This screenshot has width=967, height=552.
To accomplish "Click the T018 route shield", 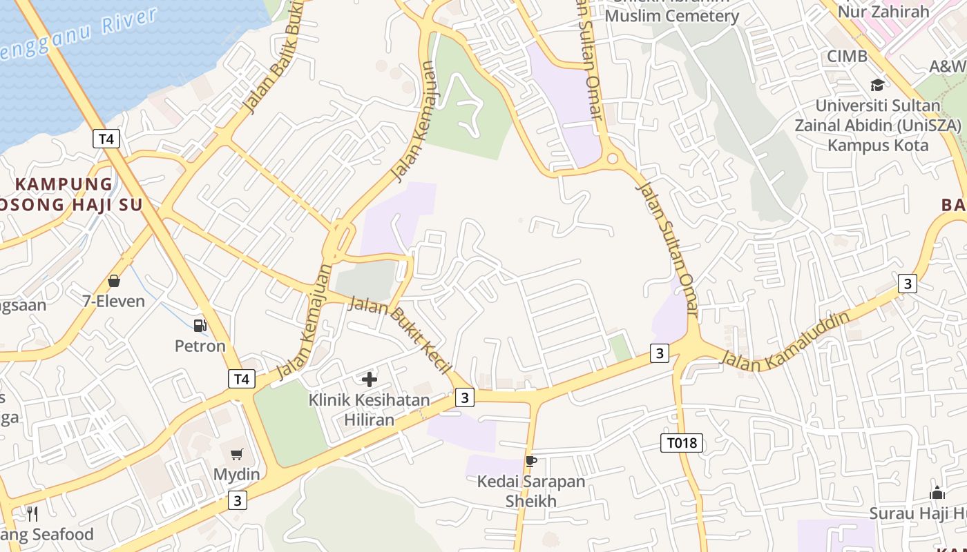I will (x=682, y=443).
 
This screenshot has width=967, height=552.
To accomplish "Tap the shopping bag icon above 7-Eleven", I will (x=114, y=282).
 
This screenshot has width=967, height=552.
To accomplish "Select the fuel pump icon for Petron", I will (x=200, y=325).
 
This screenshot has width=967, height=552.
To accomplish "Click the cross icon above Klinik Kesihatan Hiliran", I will (x=370, y=379).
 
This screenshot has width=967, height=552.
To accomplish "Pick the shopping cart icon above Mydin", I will (x=237, y=454).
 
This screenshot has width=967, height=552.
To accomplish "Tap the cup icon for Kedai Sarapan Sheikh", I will (x=530, y=461).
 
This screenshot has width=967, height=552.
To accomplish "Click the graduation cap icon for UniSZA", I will (x=877, y=85).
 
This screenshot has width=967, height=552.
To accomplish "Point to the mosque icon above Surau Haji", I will (x=937, y=493).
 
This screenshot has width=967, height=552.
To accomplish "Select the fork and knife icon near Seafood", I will (x=32, y=514).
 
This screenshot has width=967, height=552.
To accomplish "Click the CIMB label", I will (x=847, y=57).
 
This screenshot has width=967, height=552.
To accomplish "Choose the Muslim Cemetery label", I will (x=671, y=15).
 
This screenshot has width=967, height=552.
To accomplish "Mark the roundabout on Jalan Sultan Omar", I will (x=612, y=159).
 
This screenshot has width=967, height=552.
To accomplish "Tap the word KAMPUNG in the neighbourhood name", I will (x=64, y=184).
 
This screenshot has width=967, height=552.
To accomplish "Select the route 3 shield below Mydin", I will (x=238, y=500).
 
